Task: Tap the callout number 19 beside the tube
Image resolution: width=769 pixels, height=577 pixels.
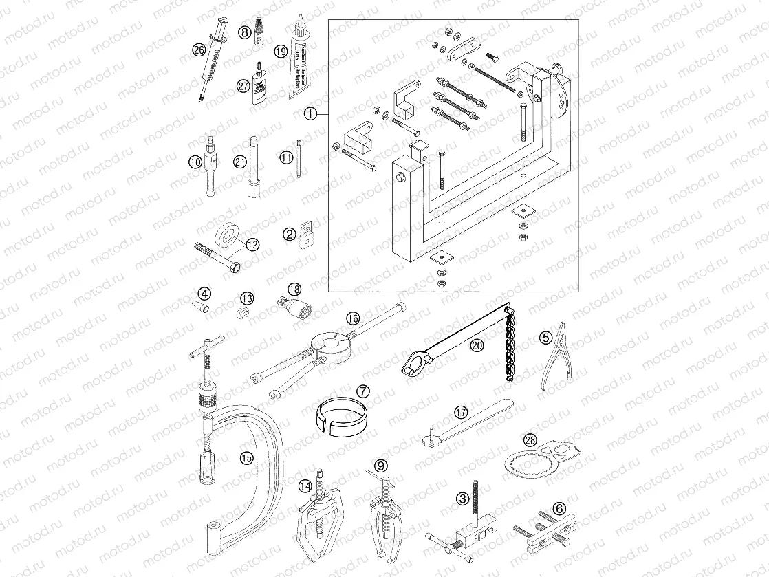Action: click(280, 50)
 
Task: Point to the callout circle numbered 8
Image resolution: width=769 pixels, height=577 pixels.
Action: click(244, 32)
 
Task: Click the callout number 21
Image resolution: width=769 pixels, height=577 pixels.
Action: click(240, 162)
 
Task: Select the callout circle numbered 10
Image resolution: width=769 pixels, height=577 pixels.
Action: click(195, 162)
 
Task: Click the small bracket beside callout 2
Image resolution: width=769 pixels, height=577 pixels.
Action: click(305, 235)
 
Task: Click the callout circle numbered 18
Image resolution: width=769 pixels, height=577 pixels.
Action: click(295, 289)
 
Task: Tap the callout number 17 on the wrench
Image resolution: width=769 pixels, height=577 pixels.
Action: click(460, 412)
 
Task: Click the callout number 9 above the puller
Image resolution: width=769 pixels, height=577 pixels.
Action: click(381, 465)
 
